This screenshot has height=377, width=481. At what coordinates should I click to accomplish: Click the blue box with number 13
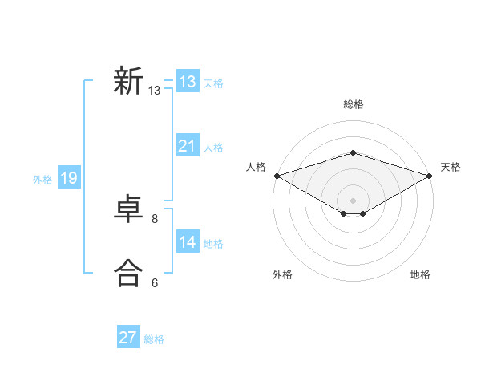188,82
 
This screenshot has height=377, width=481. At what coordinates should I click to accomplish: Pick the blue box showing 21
188,146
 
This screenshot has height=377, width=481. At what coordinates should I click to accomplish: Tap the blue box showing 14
188,242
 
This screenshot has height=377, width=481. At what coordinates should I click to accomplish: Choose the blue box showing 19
69,178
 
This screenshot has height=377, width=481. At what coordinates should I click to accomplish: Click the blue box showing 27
128,338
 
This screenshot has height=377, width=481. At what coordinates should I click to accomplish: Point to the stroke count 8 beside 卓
155,218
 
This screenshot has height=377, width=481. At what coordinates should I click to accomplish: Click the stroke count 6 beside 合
155,282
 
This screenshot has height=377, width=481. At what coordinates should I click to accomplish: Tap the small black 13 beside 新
155,91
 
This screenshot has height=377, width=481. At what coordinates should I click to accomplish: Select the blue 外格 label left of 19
42,180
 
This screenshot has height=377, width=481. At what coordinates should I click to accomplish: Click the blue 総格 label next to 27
154,339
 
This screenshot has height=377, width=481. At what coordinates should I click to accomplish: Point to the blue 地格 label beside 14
213,244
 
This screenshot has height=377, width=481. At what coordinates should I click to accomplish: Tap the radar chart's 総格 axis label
353,104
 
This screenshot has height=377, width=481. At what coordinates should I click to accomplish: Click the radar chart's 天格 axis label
451,167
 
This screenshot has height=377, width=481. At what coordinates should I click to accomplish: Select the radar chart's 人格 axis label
256,167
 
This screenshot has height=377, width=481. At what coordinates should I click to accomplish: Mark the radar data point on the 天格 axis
430,175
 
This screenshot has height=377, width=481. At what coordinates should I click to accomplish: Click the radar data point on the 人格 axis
277,175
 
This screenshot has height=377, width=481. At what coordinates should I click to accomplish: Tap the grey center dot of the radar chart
353,200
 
